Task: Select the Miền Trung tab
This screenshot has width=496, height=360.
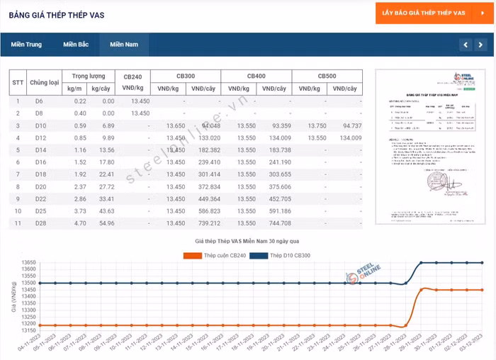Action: click(x=26, y=45)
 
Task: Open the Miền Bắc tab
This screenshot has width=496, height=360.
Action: click(x=76, y=45)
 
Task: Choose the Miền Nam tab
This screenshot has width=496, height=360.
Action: click(x=124, y=45)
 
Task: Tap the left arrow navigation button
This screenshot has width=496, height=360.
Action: click(x=465, y=45)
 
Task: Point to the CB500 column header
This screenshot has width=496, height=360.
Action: click(x=327, y=76)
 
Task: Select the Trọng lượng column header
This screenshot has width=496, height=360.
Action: click(x=89, y=76)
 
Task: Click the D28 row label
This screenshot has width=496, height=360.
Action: click(x=40, y=223)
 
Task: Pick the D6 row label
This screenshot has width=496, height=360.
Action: click(x=40, y=101)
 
